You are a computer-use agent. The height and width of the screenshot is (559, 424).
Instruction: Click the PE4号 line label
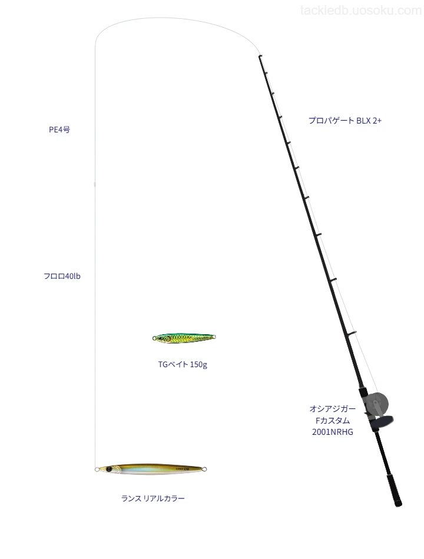point(59,130)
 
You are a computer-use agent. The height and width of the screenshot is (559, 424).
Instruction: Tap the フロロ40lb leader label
point(62,277)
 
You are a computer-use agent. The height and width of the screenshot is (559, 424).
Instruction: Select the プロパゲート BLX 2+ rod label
point(345,121)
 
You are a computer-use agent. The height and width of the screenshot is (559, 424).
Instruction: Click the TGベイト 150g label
point(183,364)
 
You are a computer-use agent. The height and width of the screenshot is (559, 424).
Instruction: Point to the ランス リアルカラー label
point(153,498)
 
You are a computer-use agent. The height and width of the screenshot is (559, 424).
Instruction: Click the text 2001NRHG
point(333,432)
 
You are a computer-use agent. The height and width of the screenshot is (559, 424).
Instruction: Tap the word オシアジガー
point(333,408)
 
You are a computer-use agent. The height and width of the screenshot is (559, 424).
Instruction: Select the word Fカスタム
point(333,421)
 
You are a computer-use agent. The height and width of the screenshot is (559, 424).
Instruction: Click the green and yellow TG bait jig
point(184,337)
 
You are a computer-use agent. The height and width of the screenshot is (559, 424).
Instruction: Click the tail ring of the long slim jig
point(204,469)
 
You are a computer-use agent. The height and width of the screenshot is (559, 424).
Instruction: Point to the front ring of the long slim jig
point(97,470)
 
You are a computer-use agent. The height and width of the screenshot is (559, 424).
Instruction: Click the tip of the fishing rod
point(260,56)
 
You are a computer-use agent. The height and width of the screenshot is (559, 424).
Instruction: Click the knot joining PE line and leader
point(95,184)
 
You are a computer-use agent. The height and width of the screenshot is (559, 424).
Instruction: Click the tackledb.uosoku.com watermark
point(361,11)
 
